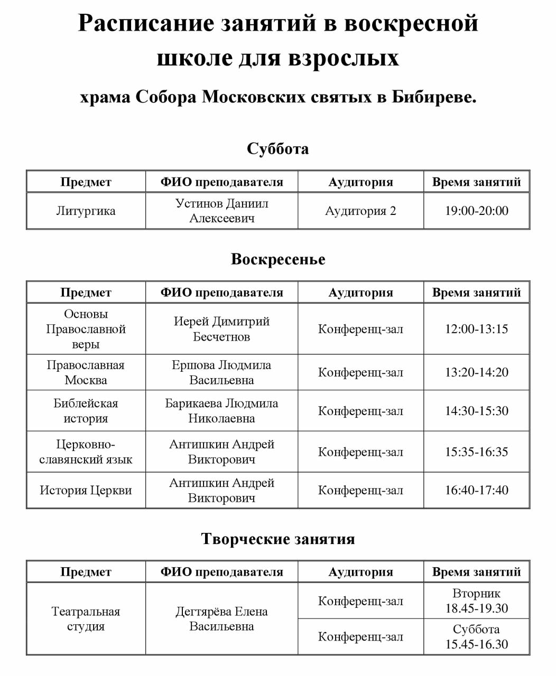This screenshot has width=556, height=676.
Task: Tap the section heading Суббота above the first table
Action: [277, 149]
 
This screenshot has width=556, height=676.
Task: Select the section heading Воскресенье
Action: [278, 259]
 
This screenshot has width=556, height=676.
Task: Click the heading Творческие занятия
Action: [278, 539]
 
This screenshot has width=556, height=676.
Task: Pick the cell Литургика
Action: [86, 211]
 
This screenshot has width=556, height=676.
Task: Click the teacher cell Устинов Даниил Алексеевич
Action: [221, 211]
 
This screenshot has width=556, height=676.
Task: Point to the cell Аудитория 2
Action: [360, 211]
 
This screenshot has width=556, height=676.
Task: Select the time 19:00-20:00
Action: [476, 211]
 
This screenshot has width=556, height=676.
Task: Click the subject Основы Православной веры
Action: [86, 329]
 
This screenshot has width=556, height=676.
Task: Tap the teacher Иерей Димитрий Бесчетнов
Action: [221, 329]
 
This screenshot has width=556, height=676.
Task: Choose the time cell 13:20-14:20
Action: [476, 372]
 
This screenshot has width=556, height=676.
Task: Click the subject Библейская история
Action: [86, 411]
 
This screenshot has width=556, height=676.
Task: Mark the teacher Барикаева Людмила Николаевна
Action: [221, 411]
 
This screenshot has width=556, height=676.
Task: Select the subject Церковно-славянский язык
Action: [86, 452]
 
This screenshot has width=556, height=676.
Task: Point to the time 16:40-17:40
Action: [476, 490]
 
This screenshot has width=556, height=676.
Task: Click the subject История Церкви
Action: [86, 490]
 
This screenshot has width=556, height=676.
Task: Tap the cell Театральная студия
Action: [86, 619]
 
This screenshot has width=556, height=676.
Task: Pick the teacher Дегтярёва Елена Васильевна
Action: [221, 619]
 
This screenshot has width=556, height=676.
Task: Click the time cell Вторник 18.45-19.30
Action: [476, 601]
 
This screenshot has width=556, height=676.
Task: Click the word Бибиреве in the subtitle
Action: [433, 97]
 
